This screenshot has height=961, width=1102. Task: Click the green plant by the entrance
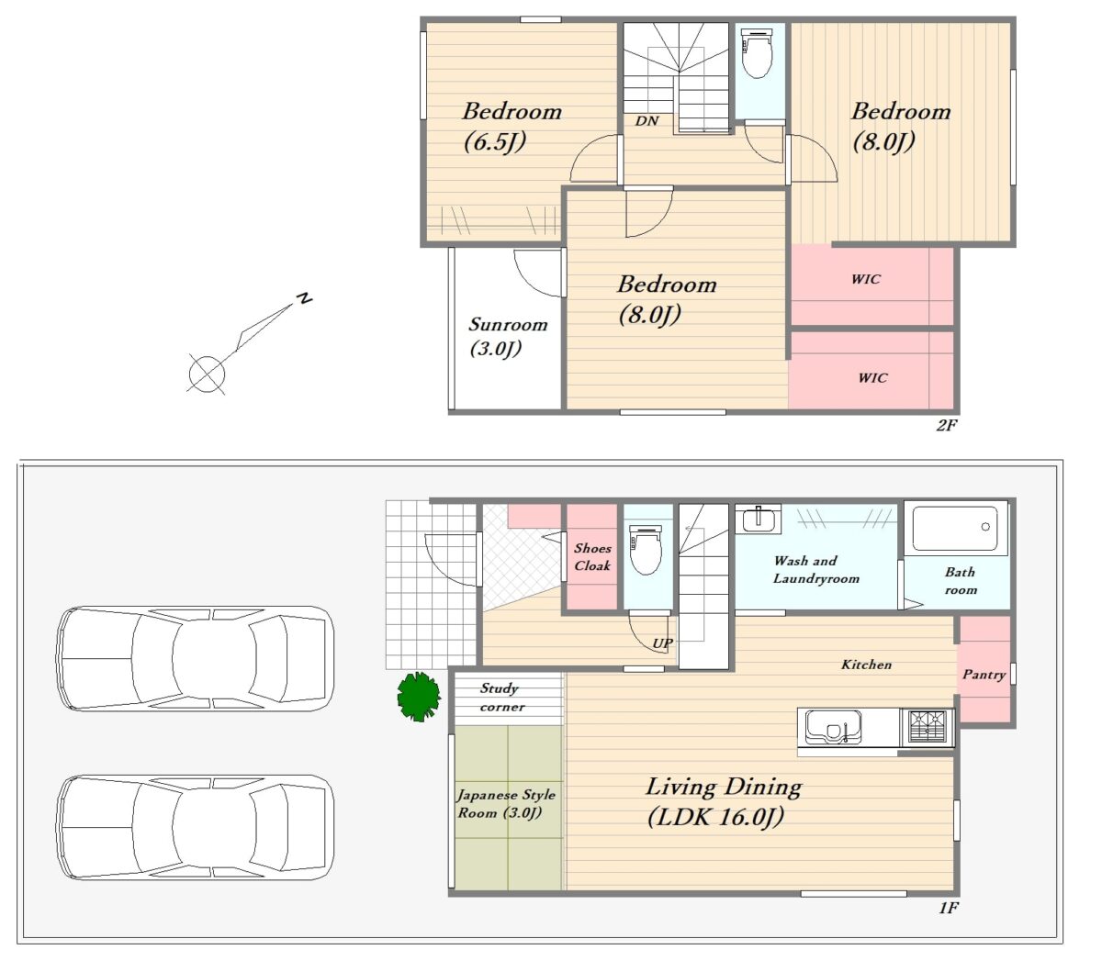[x=419, y=696]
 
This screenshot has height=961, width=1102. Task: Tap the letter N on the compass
[x=305, y=298]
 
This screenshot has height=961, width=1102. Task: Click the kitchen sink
[x=832, y=726]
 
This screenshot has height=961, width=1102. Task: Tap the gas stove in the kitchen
[x=927, y=727]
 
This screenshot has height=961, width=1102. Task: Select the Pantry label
[x=984, y=675]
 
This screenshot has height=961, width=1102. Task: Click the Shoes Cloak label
[x=592, y=556]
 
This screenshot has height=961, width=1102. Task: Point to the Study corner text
[x=500, y=698]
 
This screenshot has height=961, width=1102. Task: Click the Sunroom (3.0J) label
[x=507, y=337]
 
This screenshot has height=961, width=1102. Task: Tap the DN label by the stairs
[x=647, y=120]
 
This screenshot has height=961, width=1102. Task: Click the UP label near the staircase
[x=662, y=643]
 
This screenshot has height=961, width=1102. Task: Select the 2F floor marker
[x=946, y=425]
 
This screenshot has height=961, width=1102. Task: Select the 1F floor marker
[x=949, y=908]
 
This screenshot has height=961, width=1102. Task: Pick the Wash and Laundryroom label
[x=815, y=570]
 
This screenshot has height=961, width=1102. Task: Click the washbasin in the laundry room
[x=758, y=520]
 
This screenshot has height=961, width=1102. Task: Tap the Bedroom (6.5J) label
[x=512, y=127]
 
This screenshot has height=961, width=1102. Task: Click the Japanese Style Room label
[x=506, y=804]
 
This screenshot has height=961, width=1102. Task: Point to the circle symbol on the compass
[x=207, y=373]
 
